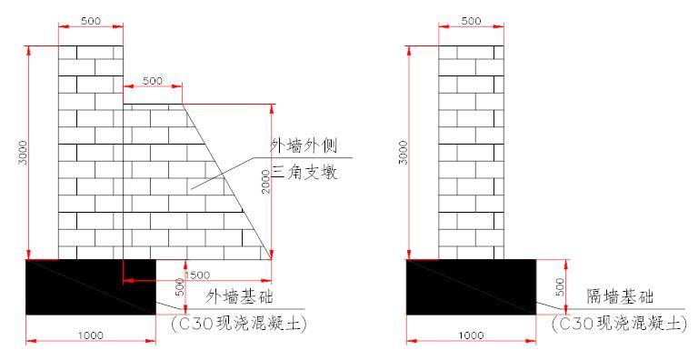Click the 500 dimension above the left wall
[x=91, y=19]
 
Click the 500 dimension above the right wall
[x=471, y=19]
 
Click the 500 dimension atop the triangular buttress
[x=153, y=81]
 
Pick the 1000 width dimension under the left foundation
[x=88, y=335]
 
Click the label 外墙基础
[x=240, y=297]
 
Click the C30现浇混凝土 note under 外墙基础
[x=238, y=323]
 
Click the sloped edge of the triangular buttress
[x=227, y=182]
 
